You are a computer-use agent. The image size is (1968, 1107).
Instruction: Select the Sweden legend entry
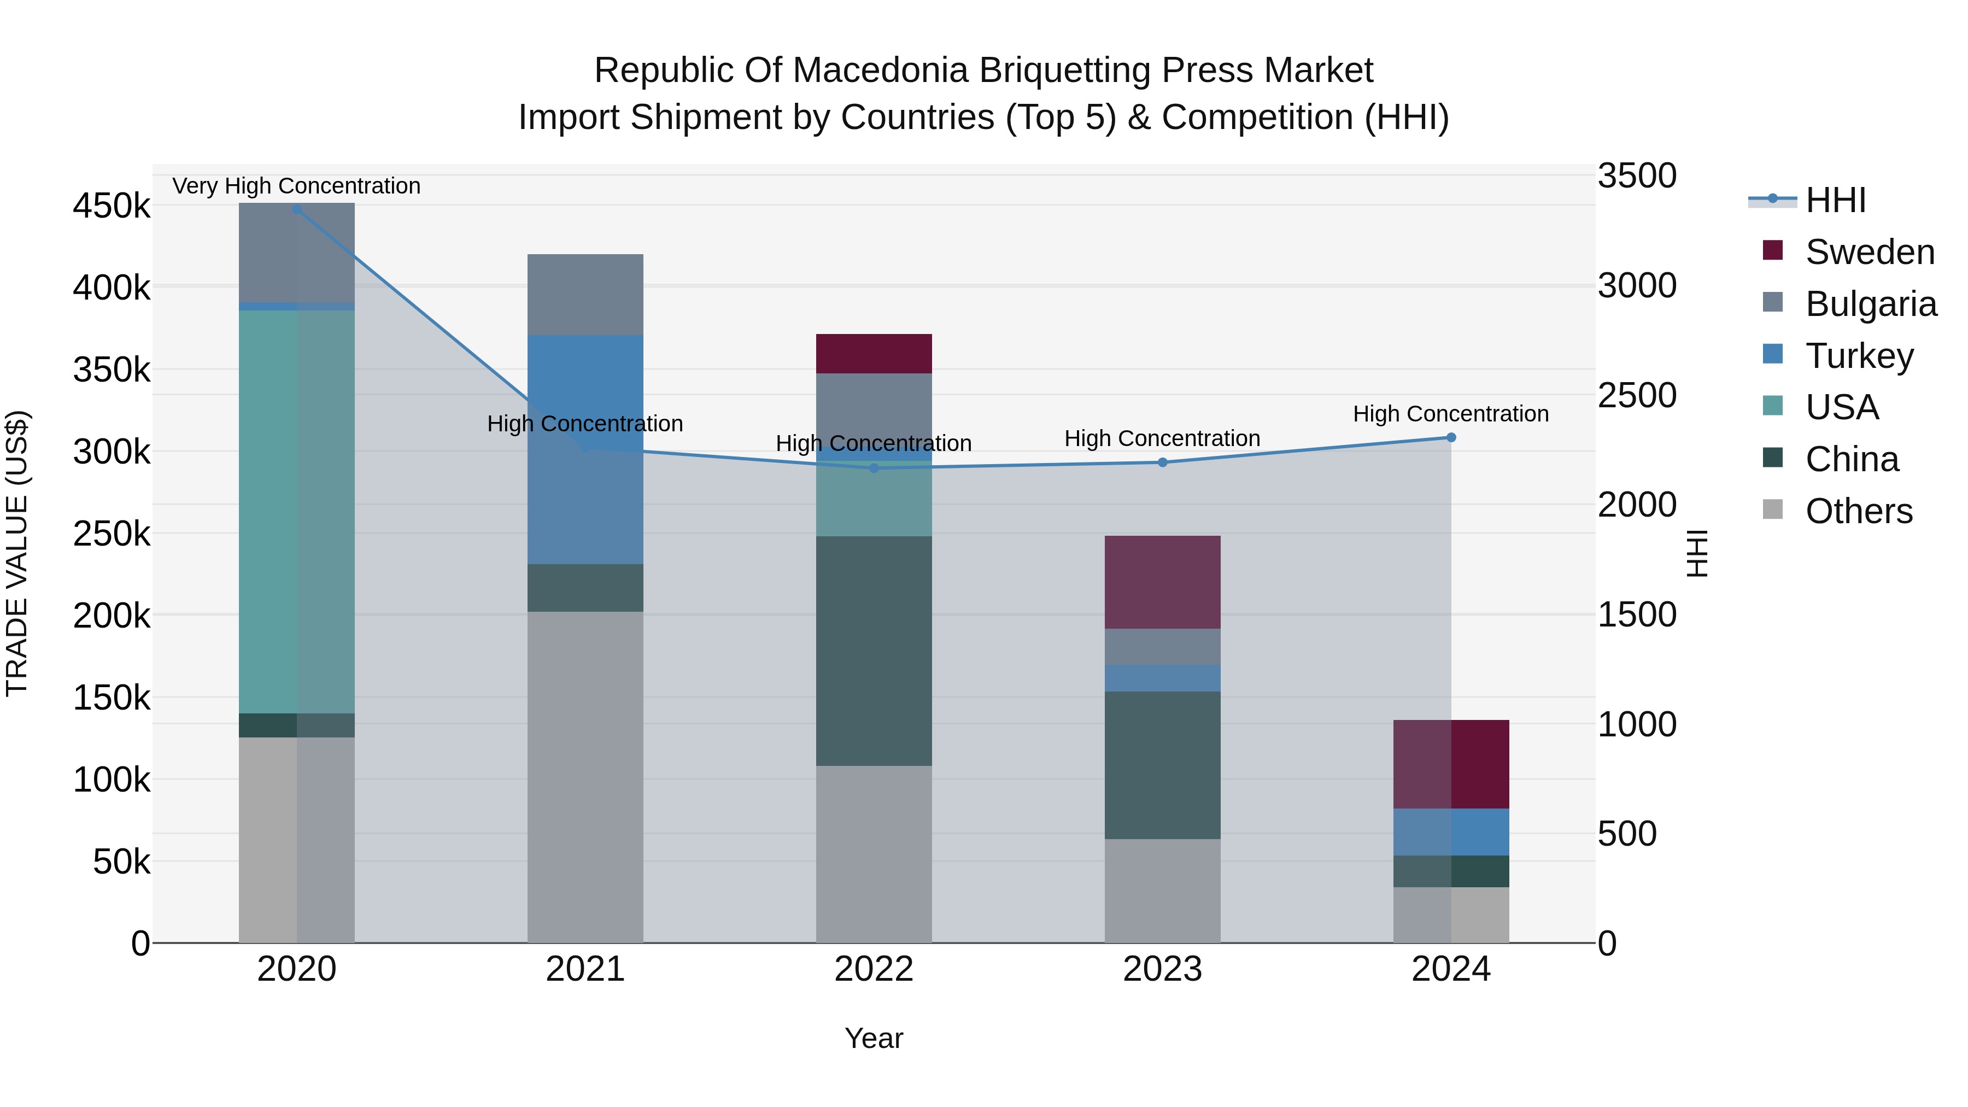pyautogui.click(x=1869, y=252)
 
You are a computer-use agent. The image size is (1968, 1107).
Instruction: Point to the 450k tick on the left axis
pyautogui.click(x=112, y=206)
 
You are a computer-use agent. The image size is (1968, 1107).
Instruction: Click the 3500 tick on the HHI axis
pyautogui.click(x=1636, y=175)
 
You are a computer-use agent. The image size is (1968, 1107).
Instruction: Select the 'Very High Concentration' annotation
pyautogui.click(x=296, y=186)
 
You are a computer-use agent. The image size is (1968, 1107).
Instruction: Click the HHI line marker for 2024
pyautogui.click(x=1451, y=438)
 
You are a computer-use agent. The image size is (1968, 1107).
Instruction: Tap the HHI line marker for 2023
pyautogui.click(x=1162, y=462)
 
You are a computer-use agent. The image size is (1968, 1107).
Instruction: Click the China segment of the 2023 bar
pyautogui.click(x=1162, y=765)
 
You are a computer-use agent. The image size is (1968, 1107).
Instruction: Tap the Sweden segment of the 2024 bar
pyautogui.click(x=1451, y=764)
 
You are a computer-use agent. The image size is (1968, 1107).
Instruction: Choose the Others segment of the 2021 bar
pyautogui.click(x=585, y=777)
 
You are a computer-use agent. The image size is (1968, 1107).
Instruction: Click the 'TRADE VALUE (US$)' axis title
pyautogui.click(x=17, y=553)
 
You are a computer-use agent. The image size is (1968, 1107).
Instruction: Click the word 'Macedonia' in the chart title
pyautogui.click(x=882, y=71)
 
